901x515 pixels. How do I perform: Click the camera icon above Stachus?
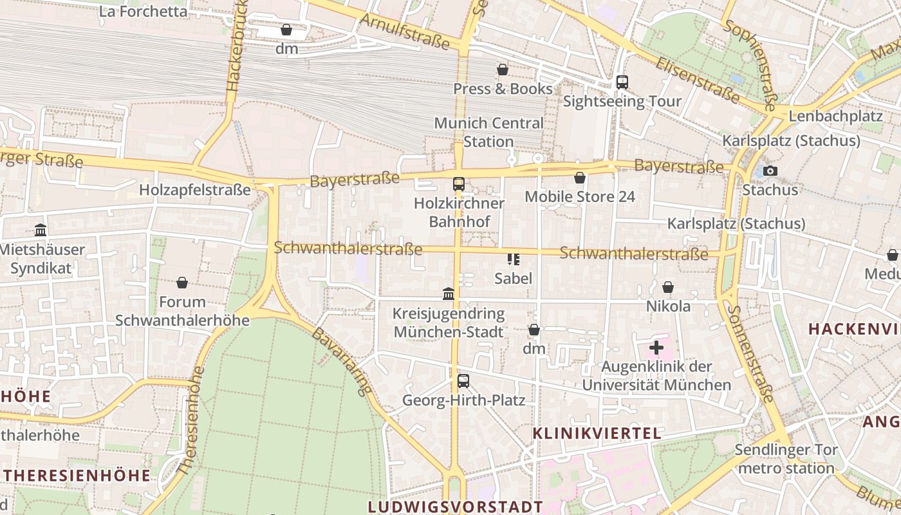[x=770, y=171]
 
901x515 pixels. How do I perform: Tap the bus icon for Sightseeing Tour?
[x=622, y=82]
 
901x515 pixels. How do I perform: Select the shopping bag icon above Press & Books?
[x=503, y=70]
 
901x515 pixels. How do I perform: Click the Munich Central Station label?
[x=488, y=132]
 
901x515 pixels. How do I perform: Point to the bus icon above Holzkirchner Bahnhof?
[x=458, y=184]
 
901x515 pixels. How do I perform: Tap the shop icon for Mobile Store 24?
[x=580, y=178]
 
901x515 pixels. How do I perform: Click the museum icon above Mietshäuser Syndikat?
[x=41, y=230]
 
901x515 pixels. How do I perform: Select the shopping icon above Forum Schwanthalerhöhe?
[x=182, y=283]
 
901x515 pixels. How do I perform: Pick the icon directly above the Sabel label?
[x=513, y=259]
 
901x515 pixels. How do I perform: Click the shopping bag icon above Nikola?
[x=668, y=287]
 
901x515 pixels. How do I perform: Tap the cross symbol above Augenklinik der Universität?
[x=656, y=348]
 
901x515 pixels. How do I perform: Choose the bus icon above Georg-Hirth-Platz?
[x=463, y=380]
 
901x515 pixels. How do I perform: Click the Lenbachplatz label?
[x=835, y=117]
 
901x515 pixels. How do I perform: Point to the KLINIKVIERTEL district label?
[x=597, y=433]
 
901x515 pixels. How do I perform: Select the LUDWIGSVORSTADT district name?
[x=455, y=506]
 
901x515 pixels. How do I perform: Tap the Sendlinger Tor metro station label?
[x=786, y=459]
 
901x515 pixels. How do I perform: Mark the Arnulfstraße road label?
[x=404, y=30]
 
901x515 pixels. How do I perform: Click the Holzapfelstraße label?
[x=194, y=190]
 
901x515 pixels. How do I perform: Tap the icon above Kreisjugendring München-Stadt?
[x=449, y=294]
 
